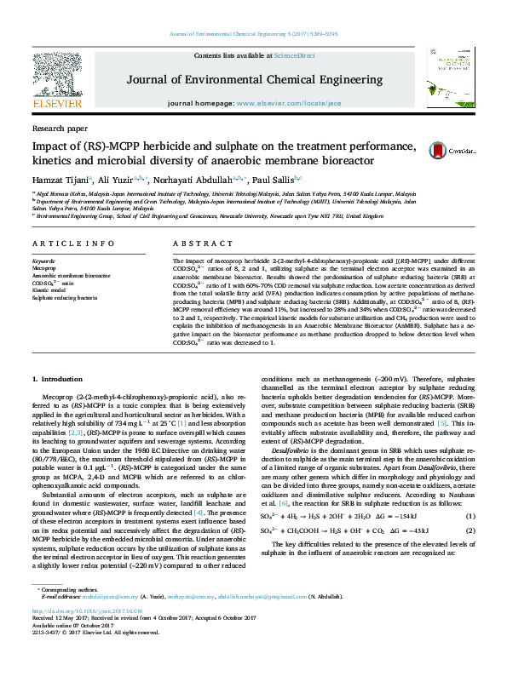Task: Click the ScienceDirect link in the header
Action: [294, 55]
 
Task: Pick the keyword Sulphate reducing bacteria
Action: [64, 298]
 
